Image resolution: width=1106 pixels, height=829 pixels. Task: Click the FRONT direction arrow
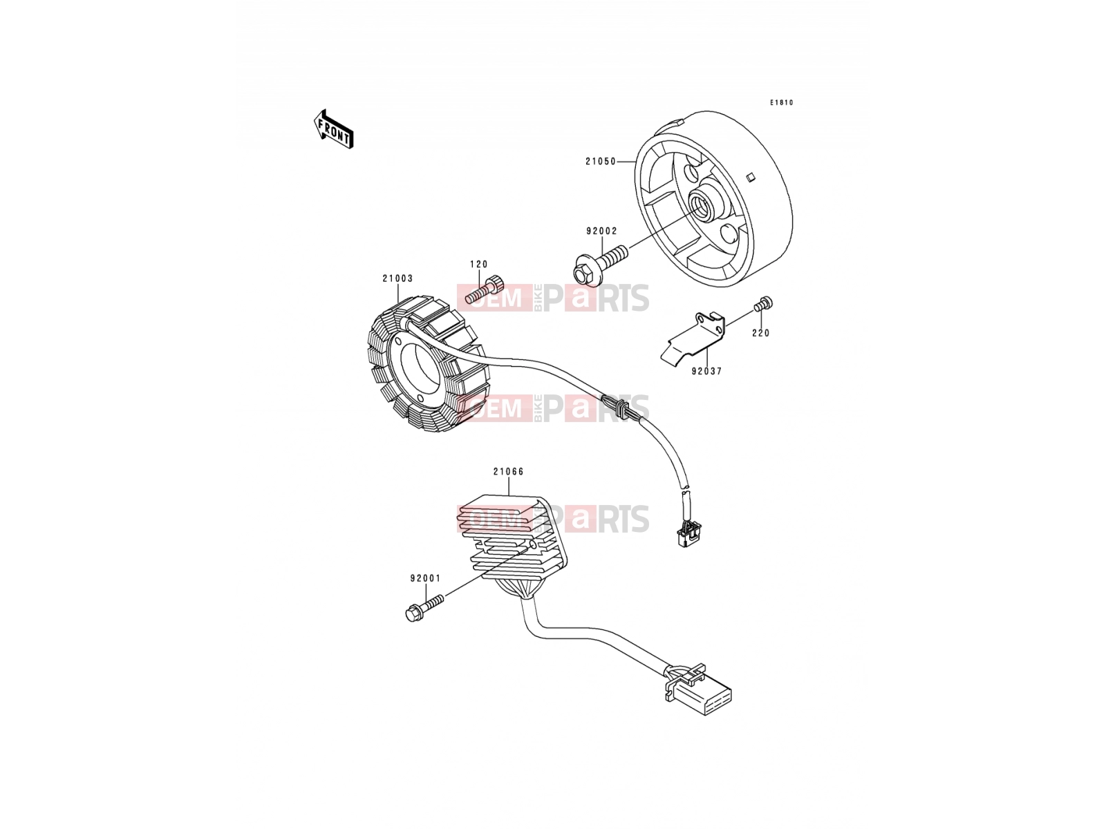(x=333, y=129)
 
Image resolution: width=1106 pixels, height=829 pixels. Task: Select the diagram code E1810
(x=781, y=103)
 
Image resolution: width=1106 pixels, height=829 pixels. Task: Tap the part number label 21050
(x=601, y=162)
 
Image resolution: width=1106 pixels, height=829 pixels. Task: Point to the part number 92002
(x=601, y=231)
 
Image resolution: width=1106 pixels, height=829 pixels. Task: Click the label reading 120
(x=478, y=265)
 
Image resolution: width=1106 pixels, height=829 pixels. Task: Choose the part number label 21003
(x=397, y=278)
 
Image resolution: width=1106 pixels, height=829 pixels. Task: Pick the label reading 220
(x=761, y=333)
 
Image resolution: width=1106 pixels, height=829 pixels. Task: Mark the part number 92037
(x=706, y=372)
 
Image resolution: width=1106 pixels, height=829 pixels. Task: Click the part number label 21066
(x=508, y=472)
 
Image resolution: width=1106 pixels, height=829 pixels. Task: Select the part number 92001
(x=425, y=579)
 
